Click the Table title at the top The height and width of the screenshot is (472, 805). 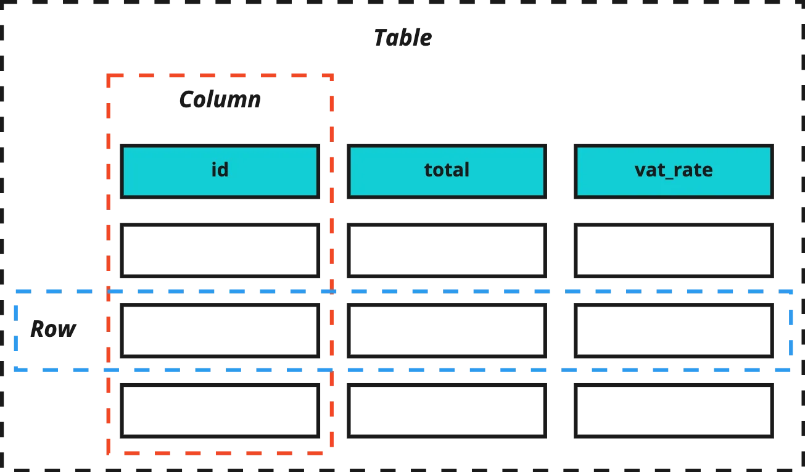click(x=403, y=38)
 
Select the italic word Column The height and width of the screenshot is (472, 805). click(x=220, y=99)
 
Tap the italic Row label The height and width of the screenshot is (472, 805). click(x=53, y=329)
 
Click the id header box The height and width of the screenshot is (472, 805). click(x=220, y=172)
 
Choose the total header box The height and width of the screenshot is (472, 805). click(x=447, y=172)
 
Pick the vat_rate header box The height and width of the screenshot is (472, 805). click(x=674, y=172)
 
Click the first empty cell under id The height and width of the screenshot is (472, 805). click(x=220, y=250)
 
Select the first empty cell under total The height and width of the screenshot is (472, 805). click(x=447, y=250)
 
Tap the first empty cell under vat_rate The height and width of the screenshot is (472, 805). click(x=674, y=250)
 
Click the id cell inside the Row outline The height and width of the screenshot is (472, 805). click(x=220, y=331)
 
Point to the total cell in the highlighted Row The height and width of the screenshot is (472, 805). click(x=447, y=331)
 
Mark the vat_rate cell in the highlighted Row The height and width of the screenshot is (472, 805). click(x=674, y=331)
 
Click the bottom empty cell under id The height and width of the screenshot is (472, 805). click(x=220, y=411)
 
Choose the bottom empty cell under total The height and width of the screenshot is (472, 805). click(x=447, y=411)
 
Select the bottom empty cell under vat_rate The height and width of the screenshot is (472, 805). click(x=674, y=411)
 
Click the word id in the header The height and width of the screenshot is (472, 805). click(x=220, y=169)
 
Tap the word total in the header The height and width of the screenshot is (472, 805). click(x=447, y=170)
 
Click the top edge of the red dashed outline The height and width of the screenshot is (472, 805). click(x=220, y=75)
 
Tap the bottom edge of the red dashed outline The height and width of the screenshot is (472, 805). click(x=220, y=453)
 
